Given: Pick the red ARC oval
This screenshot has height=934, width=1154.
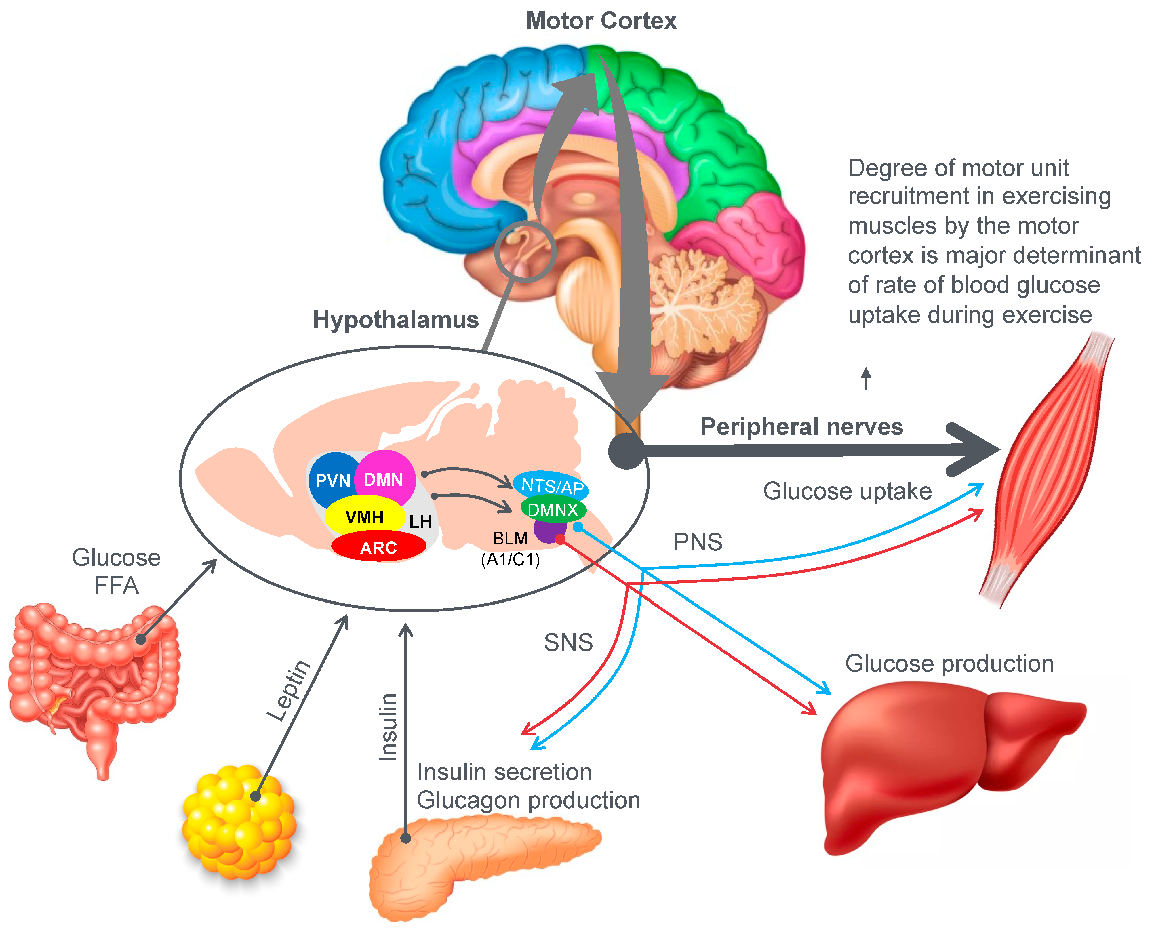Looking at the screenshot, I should [378, 547].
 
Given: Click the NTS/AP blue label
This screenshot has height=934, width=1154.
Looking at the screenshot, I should [551, 485].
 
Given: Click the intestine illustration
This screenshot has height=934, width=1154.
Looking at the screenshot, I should [92, 678].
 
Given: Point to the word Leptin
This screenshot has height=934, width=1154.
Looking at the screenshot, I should [289, 690].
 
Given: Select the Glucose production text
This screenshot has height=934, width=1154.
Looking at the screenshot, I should [949, 663].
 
